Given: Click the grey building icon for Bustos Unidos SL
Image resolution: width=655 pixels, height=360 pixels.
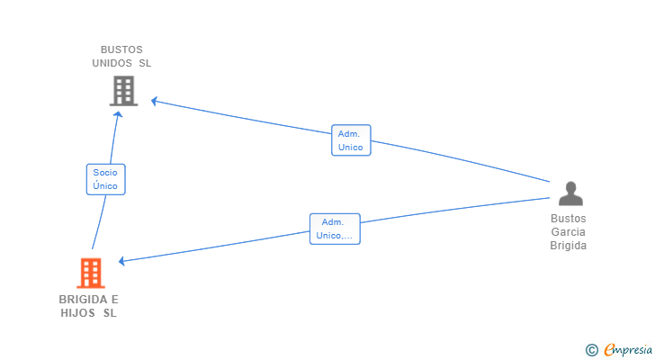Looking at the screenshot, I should click(123, 91).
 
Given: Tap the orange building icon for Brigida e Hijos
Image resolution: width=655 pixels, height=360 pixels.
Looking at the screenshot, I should click(90, 273).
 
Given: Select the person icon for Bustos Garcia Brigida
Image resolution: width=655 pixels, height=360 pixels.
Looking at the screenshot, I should click(570, 193).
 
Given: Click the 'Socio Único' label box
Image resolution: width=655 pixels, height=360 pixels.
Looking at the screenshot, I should click(105, 179).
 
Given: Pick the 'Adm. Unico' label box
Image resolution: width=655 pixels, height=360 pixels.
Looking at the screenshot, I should click(351, 140).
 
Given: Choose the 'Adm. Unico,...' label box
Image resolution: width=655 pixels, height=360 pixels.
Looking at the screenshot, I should click(335, 229).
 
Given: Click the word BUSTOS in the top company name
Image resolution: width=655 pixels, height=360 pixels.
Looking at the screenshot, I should click(121, 49).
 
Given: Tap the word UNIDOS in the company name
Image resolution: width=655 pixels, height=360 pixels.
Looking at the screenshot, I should click(112, 63).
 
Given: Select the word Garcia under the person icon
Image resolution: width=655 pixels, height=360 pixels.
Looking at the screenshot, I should click(569, 232).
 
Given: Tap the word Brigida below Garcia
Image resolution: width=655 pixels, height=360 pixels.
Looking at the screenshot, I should click(569, 246).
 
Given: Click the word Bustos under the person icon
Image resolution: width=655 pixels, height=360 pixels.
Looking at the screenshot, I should click(569, 219).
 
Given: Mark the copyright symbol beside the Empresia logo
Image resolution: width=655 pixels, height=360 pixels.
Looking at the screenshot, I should click(591, 350).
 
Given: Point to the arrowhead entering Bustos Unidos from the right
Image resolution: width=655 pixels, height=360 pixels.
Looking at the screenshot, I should click(155, 100).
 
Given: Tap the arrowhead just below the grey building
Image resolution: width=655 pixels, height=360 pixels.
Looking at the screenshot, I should click(119, 115).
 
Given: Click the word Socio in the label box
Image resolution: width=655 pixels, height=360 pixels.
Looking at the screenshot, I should click(105, 172).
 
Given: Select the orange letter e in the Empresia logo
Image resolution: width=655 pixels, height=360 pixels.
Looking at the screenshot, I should click(609, 350).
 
